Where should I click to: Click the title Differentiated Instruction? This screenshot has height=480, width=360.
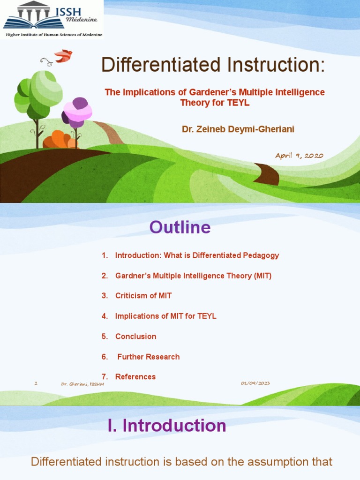(x=213, y=65)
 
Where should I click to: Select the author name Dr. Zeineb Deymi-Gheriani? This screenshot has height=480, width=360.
(x=238, y=129)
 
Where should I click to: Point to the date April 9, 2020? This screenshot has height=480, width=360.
(x=299, y=156)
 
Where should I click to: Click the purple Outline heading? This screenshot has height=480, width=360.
(x=180, y=228)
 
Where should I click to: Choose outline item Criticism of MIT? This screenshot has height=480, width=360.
(x=143, y=296)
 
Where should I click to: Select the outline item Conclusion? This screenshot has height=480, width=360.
(x=135, y=337)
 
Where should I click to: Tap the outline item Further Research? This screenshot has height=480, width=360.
(x=148, y=357)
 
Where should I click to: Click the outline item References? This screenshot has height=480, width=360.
(x=135, y=377)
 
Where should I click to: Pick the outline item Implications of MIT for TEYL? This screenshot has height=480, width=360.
(x=165, y=316)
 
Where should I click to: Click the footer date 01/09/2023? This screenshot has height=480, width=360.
(x=255, y=383)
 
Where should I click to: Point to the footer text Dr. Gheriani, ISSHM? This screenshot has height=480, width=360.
(x=82, y=384)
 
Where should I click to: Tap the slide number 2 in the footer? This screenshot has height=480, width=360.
(x=36, y=383)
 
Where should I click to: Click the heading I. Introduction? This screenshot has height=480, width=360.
(x=167, y=426)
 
